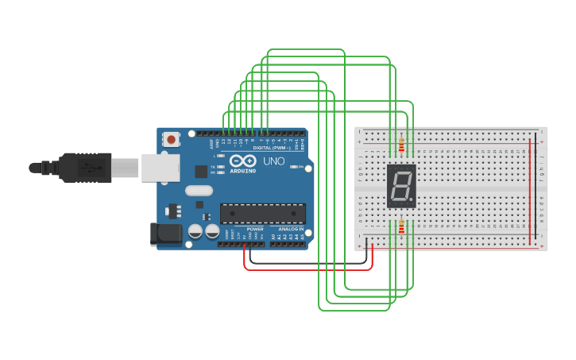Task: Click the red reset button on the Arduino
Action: click(172, 139)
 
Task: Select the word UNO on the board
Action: click(274, 161)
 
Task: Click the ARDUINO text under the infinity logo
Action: click(242, 171)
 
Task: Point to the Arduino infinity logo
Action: click(242, 161)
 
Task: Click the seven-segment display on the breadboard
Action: click(401, 186)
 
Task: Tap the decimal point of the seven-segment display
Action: click(411, 198)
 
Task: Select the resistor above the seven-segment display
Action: click(401, 145)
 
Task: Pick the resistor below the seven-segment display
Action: click(401, 227)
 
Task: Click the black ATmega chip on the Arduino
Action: click(262, 213)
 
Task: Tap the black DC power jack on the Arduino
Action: click(164, 233)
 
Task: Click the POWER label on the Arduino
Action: click(255, 228)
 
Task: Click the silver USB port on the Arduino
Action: click(160, 168)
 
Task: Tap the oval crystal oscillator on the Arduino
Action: click(199, 191)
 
